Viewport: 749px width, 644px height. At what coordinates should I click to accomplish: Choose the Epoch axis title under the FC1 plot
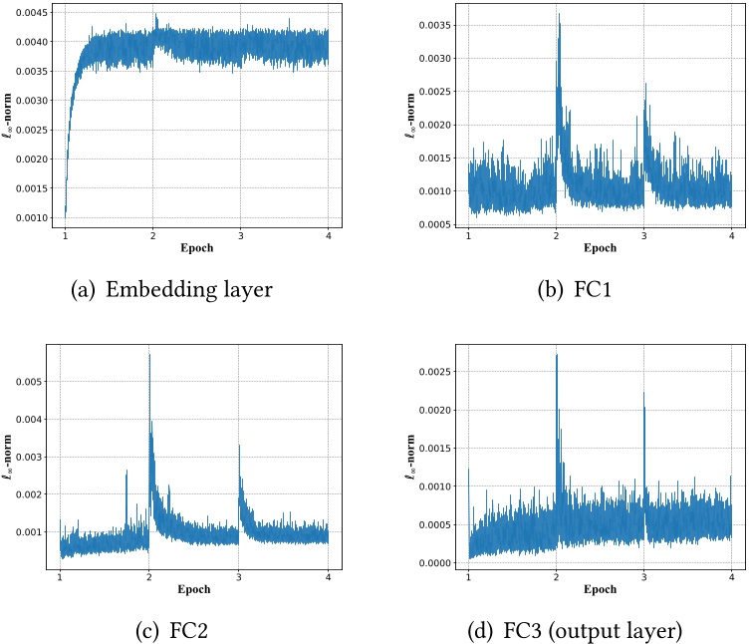[600, 248]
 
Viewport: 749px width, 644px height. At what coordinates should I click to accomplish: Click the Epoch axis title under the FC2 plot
[194, 589]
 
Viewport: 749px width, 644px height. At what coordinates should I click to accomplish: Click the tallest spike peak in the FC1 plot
[560, 14]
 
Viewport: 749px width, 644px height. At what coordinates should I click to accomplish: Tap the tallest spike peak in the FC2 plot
[149, 354]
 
